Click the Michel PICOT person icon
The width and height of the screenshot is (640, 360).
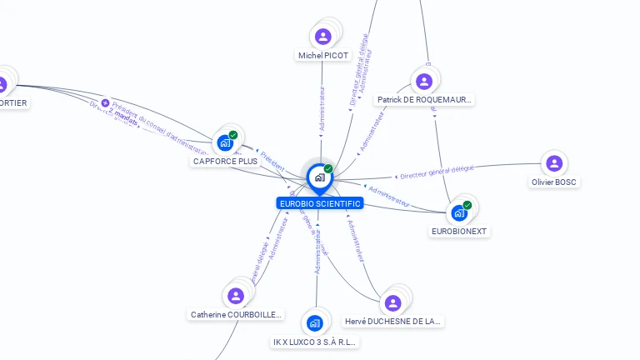(323, 36)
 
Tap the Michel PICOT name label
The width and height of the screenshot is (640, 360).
(323, 56)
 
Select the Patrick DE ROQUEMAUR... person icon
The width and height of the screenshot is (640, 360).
(423, 81)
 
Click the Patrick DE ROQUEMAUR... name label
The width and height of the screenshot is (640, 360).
(425, 100)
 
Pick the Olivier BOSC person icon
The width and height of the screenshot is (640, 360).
(554, 162)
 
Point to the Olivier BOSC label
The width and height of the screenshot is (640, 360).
(554, 182)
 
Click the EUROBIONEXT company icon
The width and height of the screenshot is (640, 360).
(459, 212)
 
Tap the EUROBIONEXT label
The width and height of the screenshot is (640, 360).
(459, 231)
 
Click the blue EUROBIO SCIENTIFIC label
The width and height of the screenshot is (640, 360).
(320, 203)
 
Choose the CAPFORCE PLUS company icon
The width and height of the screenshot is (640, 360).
(225, 142)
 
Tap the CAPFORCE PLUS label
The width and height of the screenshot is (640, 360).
(225, 161)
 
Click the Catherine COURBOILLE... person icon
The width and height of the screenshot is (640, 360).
(236, 295)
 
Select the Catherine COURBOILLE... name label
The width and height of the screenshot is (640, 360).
(237, 315)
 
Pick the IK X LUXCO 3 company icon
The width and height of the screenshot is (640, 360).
(315, 322)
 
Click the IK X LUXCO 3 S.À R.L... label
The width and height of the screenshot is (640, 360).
(315, 342)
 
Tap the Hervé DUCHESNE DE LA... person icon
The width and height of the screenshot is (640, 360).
(392, 302)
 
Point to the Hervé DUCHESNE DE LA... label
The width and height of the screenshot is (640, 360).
(392, 321)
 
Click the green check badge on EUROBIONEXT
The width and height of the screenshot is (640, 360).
(467, 205)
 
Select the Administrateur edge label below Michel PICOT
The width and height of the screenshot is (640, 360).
(322, 108)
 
